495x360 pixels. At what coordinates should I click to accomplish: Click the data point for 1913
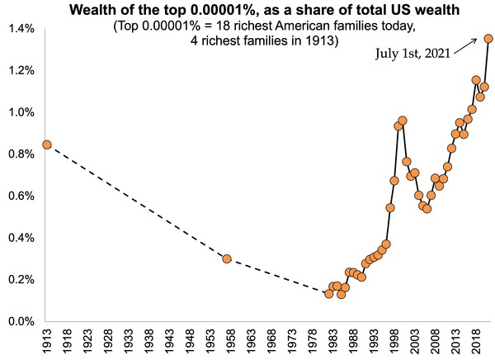coord(46,144)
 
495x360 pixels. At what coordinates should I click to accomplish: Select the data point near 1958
coord(227,258)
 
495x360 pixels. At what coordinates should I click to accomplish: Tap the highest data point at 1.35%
coord(488,38)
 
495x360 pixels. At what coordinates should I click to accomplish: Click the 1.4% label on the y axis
coord(21,28)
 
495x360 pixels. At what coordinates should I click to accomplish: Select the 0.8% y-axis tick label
coord(21,154)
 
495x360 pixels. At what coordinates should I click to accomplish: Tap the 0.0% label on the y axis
coord(21,321)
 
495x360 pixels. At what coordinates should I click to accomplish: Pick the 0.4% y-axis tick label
coord(21,238)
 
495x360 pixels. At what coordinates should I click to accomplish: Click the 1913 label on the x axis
coord(47,340)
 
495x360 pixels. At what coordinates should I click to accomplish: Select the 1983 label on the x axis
coord(333,340)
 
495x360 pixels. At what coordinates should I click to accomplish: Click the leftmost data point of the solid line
coord(328,294)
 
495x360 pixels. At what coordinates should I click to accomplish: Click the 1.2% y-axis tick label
coord(21,70)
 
